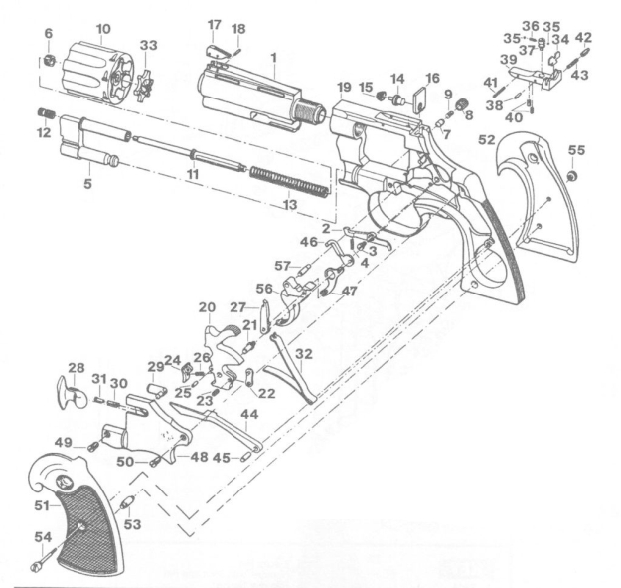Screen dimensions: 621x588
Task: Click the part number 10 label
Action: [103, 29]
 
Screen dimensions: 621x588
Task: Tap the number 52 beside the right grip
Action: [487, 140]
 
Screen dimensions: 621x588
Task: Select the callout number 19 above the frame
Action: [345, 87]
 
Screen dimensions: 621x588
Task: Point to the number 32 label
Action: [304, 354]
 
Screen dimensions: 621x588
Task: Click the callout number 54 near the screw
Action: [43, 537]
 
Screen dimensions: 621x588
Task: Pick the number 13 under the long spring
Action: [290, 205]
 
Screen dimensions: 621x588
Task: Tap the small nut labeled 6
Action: [49, 61]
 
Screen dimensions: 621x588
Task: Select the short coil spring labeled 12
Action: [47, 113]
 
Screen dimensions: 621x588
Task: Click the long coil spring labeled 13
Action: [290, 182]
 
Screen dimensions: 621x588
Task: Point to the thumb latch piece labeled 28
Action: [71, 393]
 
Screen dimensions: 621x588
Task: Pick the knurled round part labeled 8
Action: [461, 105]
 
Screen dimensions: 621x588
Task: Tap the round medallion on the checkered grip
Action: [64, 482]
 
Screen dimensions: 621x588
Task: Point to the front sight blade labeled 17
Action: [217, 52]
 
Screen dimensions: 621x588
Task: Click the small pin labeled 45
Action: [245, 457]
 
